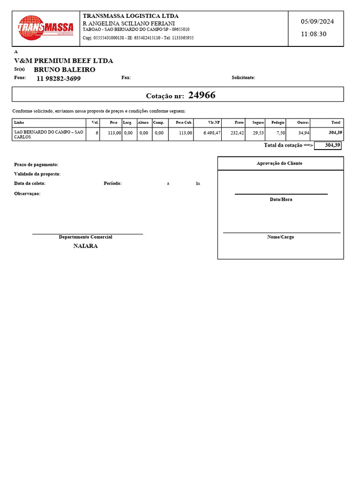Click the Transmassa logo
click(45, 28)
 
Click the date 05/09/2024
click(317, 22)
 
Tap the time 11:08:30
click(314, 34)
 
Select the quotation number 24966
click(202, 95)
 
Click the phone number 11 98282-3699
click(59, 78)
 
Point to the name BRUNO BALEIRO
click(65, 69)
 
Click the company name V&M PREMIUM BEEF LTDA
click(64, 60)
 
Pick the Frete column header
click(239, 122)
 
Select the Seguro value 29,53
click(258, 133)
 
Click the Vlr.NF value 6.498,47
click(212, 133)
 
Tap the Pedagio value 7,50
click(280, 133)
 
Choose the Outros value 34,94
click(303, 133)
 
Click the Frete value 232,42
click(237, 133)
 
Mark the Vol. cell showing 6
click(97, 133)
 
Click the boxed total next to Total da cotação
click(328, 145)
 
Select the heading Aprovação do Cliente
click(280, 163)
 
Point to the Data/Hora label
click(281, 199)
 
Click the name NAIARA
click(85, 246)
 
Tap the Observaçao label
click(27, 194)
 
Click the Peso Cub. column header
click(184, 122)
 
